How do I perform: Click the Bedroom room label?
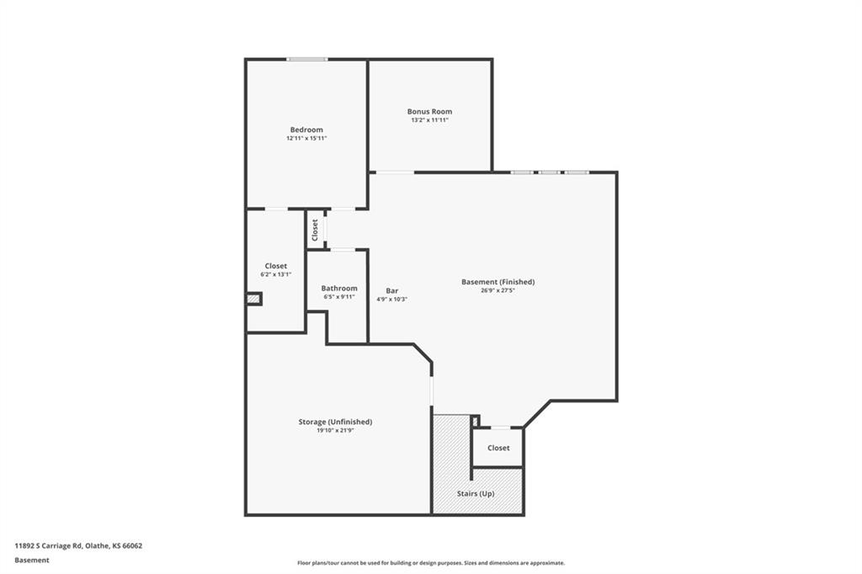pos(306,130)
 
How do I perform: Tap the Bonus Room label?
pos(430,112)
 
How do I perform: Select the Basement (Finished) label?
pos(498,282)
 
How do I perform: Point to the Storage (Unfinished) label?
pos(335,422)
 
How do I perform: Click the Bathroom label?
pos(339,288)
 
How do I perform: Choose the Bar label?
pos(392,291)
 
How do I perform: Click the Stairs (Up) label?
pos(476,494)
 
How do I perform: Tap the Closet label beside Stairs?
pos(498,448)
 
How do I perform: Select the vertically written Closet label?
pos(315,230)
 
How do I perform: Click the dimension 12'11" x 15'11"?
pos(306,139)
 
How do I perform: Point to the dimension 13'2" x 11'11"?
pos(430,120)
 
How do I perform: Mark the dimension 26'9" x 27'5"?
pos(498,290)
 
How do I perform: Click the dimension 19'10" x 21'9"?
pos(335,431)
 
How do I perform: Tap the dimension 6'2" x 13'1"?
pos(276,274)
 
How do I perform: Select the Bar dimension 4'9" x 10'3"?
pos(392,300)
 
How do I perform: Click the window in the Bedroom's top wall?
pos(306,60)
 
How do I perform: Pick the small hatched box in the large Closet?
pos(253,299)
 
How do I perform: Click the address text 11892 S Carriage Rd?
pos(48,546)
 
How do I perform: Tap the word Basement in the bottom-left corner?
pos(32,561)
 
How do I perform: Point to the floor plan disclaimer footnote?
pos(431,563)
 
